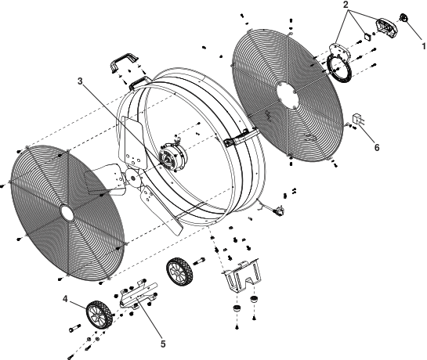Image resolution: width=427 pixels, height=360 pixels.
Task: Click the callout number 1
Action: tap(424, 46)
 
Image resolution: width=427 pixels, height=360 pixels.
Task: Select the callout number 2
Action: tap(346, 5)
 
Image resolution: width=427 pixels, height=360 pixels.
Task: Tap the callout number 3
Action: tap(80, 81)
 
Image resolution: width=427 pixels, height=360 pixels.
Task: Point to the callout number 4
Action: tap(65, 299)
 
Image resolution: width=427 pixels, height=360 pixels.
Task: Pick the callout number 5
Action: tap(163, 344)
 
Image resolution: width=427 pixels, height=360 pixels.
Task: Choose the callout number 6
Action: tap(377, 147)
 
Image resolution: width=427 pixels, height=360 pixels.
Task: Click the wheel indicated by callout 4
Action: tap(100, 315)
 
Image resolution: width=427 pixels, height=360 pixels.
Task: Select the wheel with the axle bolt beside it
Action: tap(179, 272)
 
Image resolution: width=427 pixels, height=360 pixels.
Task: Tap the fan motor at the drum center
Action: tap(173, 156)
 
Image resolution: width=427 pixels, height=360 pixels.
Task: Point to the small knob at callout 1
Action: tap(403, 18)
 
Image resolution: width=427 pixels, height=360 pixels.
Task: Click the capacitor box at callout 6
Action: tap(357, 119)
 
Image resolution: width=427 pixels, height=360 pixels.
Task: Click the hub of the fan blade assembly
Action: tap(133, 178)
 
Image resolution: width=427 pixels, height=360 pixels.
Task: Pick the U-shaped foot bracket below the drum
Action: tap(241, 275)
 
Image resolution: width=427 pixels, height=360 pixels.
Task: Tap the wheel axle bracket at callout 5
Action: tap(139, 295)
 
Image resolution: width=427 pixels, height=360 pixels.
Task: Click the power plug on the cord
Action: tap(279, 210)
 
